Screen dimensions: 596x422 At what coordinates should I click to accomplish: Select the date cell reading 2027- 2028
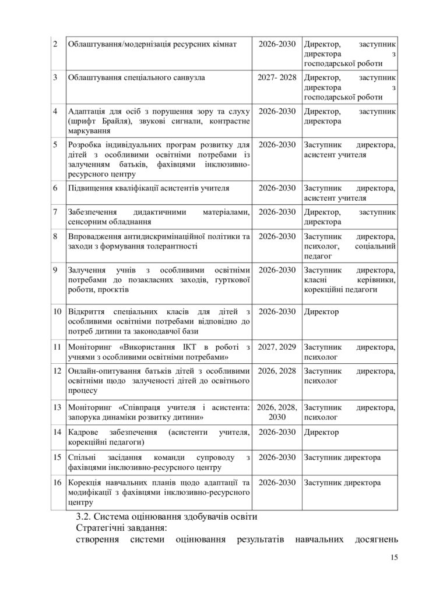(x=277, y=76)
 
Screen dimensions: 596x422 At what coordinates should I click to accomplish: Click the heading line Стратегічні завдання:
(x=121, y=528)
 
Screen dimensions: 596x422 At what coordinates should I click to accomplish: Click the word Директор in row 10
(x=321, y=311)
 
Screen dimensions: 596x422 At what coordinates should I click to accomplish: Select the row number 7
(x=55, y=212)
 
